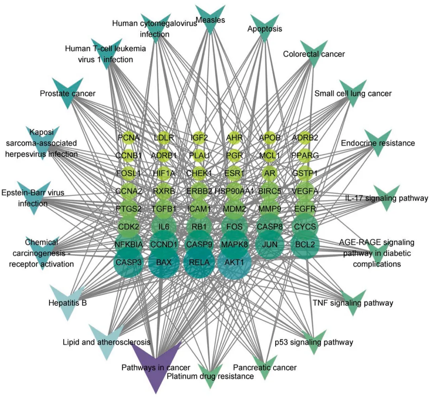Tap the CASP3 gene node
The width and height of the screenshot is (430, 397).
(129, 262)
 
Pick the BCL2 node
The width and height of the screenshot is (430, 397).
(305, 244)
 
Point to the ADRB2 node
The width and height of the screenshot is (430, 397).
(305, 138)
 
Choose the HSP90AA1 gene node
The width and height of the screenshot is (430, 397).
(235, 191)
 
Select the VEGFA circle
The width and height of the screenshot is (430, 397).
(305, 191)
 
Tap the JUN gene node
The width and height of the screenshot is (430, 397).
(270, 244)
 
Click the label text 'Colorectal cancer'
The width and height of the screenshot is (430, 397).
(314, 53)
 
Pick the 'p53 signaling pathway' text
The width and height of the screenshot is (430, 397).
(314, 342)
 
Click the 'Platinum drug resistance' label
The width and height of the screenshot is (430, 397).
(210, 376)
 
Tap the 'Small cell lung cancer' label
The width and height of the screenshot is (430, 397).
(353, 93)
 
